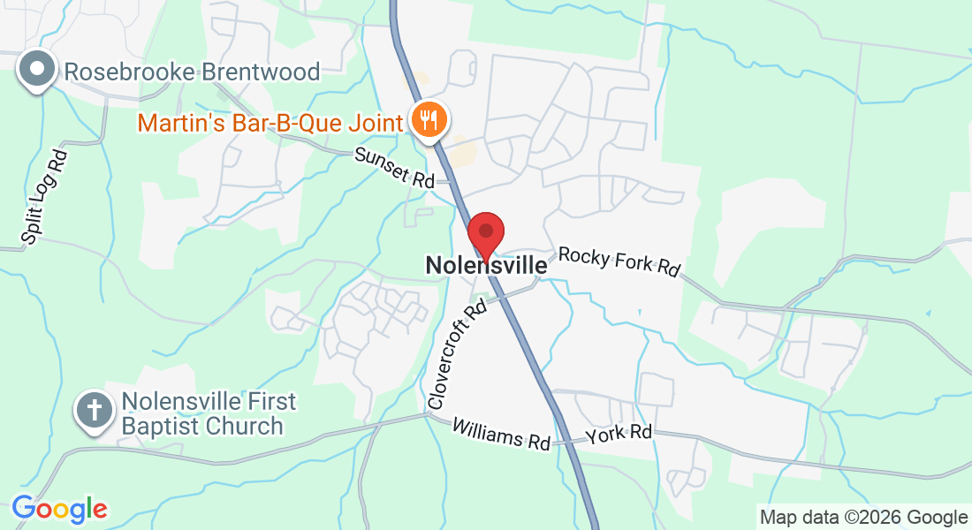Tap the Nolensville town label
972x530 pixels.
pyautogui.click(x=486, y=264)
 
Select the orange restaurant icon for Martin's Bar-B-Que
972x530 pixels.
pyautogui.click(x=429, y=120)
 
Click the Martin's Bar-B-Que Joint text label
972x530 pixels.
pyautogui.click(x=270, y=122)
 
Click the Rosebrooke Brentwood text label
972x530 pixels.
pyautogui.click(x=192, y=72)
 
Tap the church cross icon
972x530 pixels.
pyautogui.click(x=94, y=411)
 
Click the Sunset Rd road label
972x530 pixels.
pyautogui.click(x=395, y=167)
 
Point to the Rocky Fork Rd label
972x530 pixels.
pyautogui.click(x=619, y=261)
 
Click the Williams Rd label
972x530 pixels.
pyautogui.click(x=501, y=434)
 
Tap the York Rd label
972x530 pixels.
pyautogui.click(x=619, y=434)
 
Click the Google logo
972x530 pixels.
pyautogui.click(x=59, y=509)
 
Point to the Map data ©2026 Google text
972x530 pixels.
pyautogui.click(x=863, y=517)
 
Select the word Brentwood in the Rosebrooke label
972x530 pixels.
pyautogui.click(x=260, y=72)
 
